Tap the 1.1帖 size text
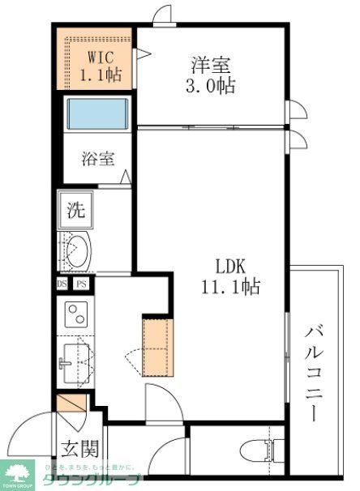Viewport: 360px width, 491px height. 100,76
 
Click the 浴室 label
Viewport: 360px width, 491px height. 96,159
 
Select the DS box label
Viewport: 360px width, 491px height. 62,284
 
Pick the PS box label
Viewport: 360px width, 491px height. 80,284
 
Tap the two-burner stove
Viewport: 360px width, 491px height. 75,313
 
